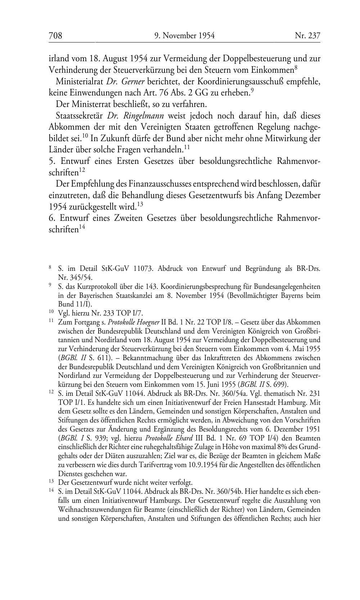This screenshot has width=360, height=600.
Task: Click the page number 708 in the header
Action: [x=55, y=36]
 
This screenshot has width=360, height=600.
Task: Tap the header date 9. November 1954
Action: [x=184, y=36]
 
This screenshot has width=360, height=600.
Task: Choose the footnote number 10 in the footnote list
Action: [x=51, y=313]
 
